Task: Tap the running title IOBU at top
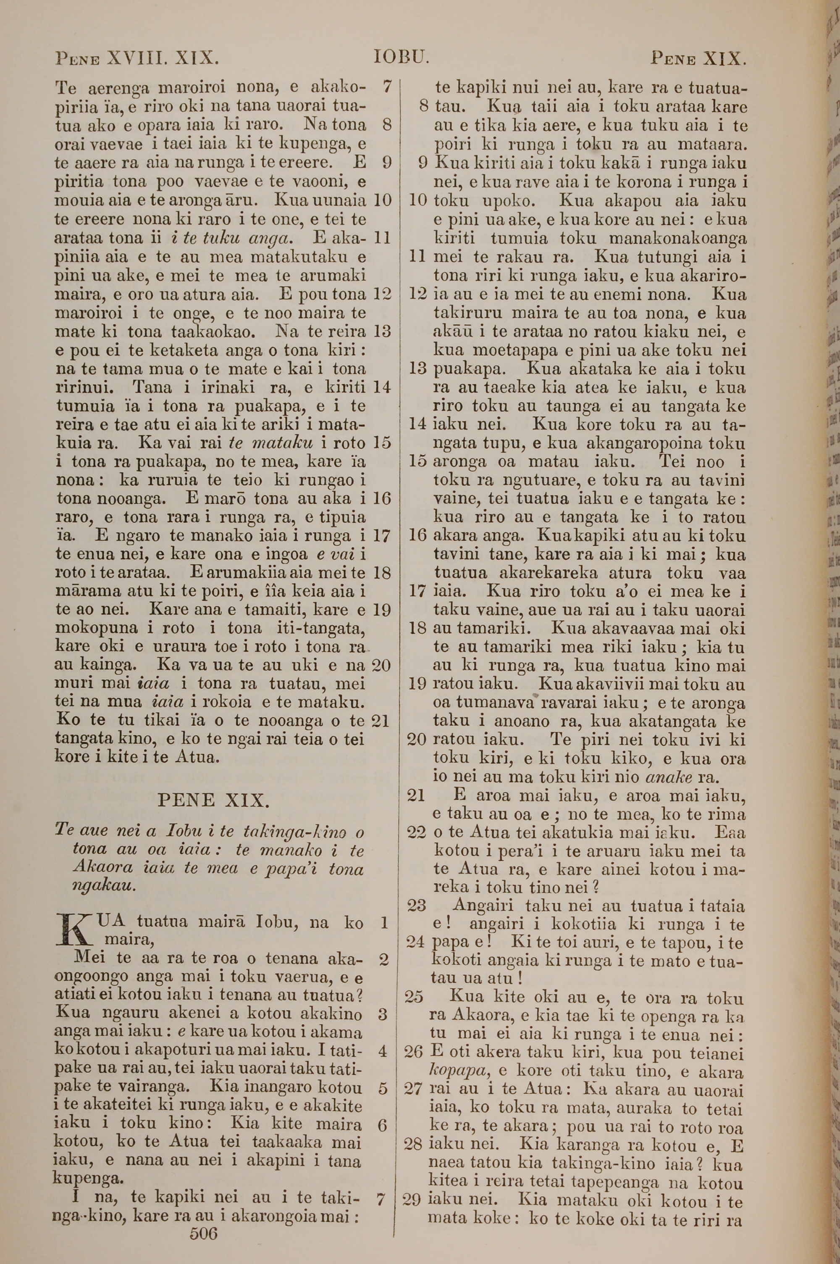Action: click(401, 57)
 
